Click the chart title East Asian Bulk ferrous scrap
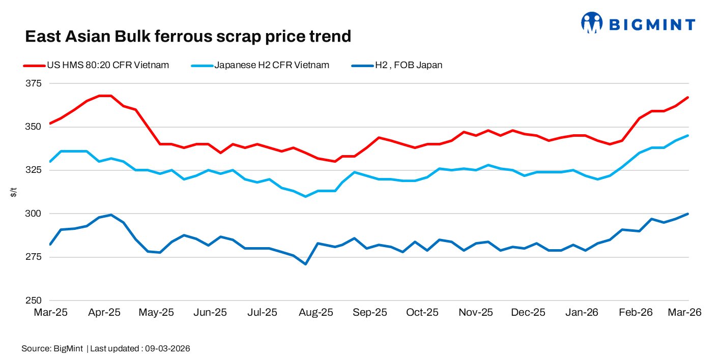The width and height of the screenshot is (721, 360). pos(188,36)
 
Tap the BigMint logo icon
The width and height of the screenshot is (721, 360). pos(592,23)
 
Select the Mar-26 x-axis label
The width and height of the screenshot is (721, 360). pos(685,313)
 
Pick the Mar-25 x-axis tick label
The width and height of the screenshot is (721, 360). pos(50,313)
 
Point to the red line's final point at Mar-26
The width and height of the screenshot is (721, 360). pos(688,97)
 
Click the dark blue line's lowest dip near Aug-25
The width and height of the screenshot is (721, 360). pos(305,264)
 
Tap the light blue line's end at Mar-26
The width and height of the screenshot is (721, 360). pos(688,135)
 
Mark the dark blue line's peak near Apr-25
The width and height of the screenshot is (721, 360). pos(111,215)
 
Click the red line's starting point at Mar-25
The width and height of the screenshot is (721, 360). pos(50,123)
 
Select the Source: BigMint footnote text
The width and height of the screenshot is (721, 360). pos(52,349)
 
